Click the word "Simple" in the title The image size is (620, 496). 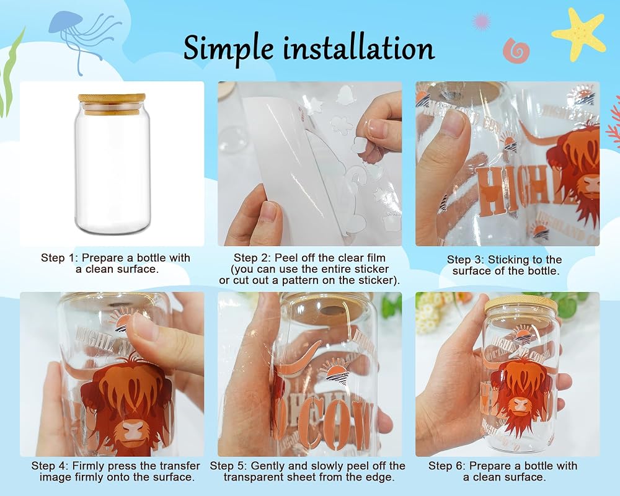point(229,49)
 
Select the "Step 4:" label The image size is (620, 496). point(50,466)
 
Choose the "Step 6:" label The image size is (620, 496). point(447,466)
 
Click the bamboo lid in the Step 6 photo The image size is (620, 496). point(521,304)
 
